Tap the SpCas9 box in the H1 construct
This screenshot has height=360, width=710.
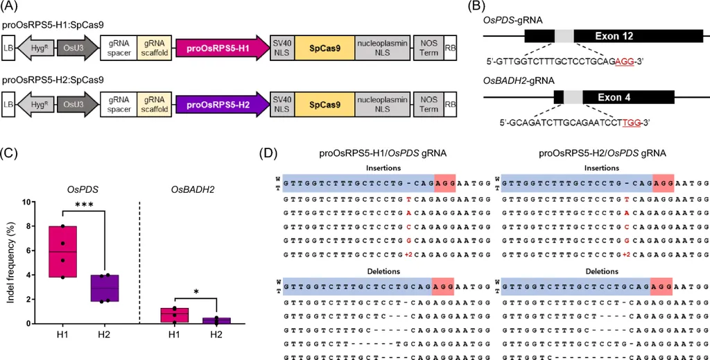(x=324, y=47)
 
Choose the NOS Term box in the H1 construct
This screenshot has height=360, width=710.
(x=428, y=47)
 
